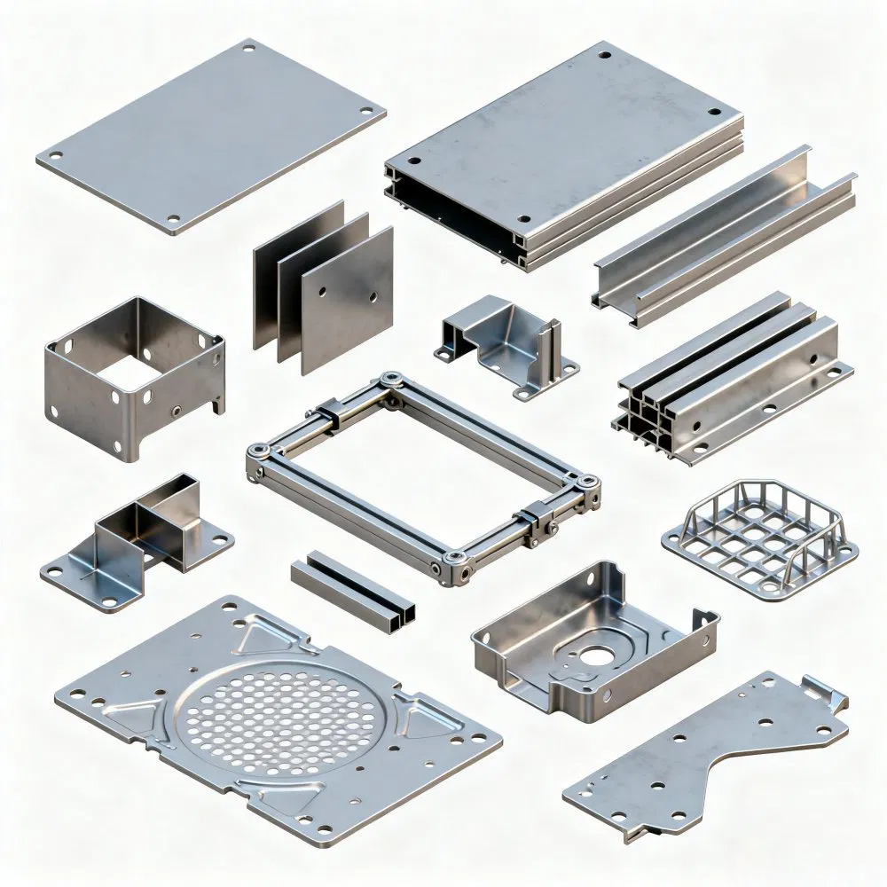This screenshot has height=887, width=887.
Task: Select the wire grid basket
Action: [x=760, y=540]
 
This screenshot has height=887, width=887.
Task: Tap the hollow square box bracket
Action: [x=133, y=377]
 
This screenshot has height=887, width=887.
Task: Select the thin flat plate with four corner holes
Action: [x=210, y=133]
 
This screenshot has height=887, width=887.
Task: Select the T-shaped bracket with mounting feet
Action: [x=137, y=541]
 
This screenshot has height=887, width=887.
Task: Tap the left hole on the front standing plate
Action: [x=325, y=290]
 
